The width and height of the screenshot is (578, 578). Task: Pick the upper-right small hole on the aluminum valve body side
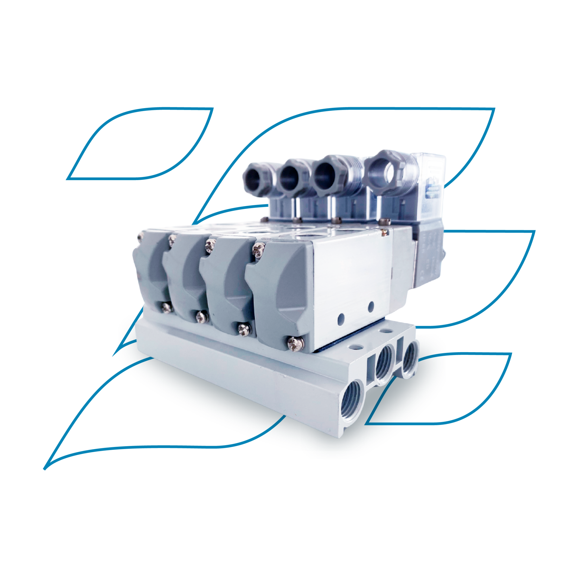(x=371, y=306)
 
